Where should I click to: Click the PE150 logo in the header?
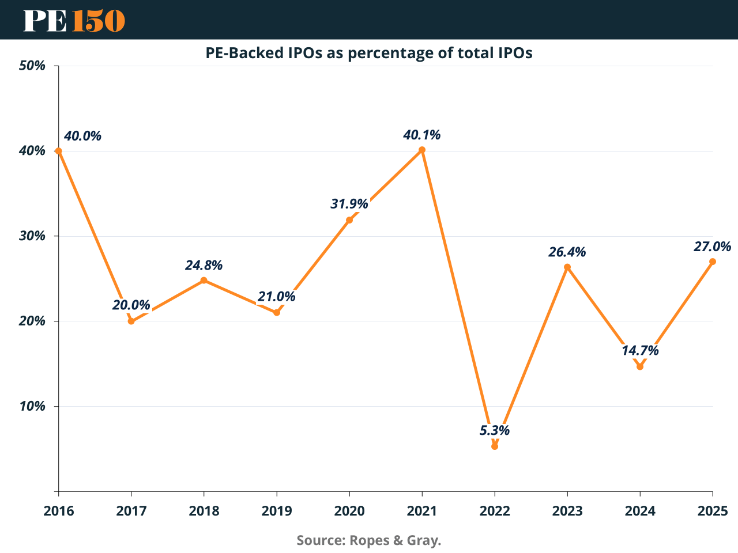74,20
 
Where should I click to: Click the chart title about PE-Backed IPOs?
369,53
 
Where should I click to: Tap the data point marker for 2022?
495,446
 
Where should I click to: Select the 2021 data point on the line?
422,150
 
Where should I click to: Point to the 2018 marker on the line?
204,281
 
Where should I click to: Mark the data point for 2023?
567,267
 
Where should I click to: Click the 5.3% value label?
495,430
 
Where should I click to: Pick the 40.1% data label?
422,135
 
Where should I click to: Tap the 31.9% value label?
349,203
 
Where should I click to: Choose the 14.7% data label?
640,350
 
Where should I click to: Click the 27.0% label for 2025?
712,247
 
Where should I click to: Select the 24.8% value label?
204,266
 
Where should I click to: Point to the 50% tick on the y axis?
32,66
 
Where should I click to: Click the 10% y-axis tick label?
32,406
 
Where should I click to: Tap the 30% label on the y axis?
32,236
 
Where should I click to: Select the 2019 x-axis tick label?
277,511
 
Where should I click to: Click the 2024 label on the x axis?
640,511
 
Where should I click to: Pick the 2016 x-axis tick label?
59,511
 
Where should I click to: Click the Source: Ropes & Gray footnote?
369,540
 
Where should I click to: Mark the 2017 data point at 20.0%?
131,321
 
